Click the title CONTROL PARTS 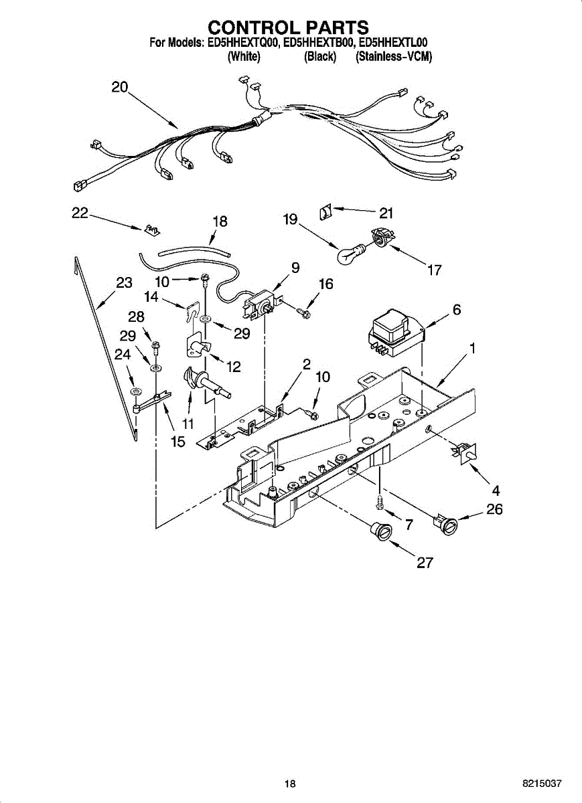(x=288, y=27)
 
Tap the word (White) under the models (x=244, y=57)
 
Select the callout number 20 (x=120, y=87)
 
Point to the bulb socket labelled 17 (x=380, y=238)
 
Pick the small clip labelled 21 (x=325, y=213)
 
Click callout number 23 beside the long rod (x=124, y=282)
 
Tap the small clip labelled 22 (x=151, y=230)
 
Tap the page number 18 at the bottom (x=289, y=784)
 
